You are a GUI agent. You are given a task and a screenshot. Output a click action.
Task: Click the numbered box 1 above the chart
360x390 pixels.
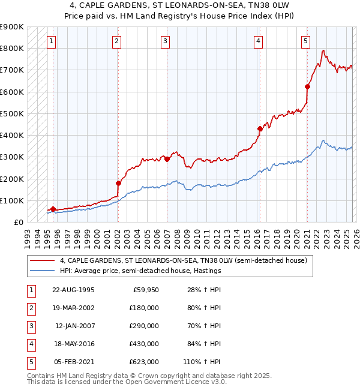(x=52, y=41)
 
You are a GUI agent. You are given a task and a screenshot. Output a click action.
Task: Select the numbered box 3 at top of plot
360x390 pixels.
(x=165, y=41)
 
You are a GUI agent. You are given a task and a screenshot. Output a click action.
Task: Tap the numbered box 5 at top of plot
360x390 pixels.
(x=305, y=41)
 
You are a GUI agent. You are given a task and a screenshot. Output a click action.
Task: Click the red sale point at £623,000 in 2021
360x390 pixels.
(x=307, y=87)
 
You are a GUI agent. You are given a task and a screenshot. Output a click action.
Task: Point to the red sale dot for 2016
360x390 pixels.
(x=260, y=128)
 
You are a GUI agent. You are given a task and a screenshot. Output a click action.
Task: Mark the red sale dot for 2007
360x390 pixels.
(x=167, y=159)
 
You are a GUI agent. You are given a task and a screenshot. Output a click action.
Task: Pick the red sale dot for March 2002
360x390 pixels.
(x=118, y=183)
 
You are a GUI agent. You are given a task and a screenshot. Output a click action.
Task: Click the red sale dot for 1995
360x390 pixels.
(x=53, y=209)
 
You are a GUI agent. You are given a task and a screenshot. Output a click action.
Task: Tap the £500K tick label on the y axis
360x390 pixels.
(x=11, y=113)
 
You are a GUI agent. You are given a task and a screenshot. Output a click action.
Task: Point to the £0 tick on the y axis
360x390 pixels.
(x=18, y=223)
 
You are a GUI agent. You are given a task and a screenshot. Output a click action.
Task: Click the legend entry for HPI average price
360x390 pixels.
(x=140, y=271)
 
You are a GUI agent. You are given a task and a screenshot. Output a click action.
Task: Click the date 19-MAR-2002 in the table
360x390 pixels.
(x=74, y=308)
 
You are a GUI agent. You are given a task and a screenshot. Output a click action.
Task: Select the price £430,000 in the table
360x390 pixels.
(x=144, y=344)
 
